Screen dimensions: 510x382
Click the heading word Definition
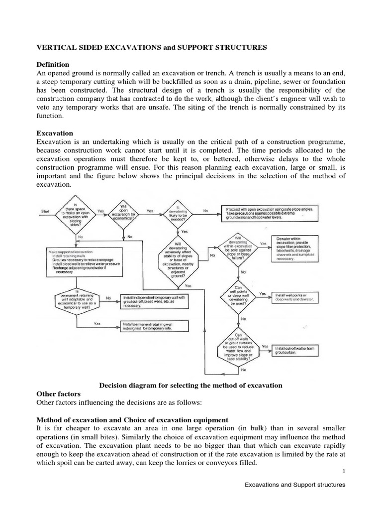tap(55, 65)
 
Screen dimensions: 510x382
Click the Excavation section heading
tap(55, 133)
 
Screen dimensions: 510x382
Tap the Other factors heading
tap(59, 394)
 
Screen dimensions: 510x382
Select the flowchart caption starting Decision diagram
tap(191, 385)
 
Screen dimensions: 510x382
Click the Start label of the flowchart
tap(46, 211)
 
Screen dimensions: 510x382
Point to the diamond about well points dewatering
tap(243, 295)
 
